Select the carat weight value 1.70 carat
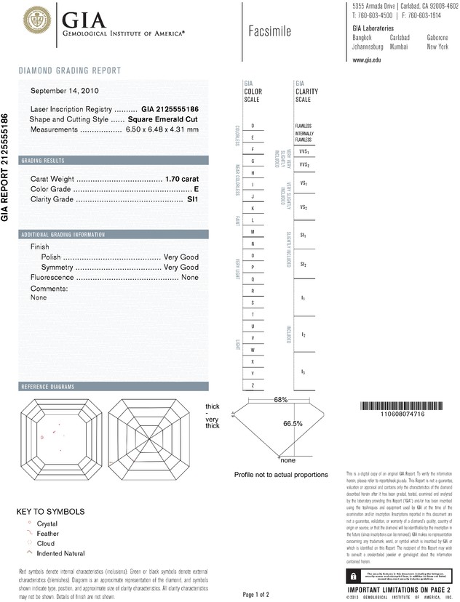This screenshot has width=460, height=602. point(182,178)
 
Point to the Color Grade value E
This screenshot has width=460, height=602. point(197,188)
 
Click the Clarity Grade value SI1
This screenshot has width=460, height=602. point(193,198)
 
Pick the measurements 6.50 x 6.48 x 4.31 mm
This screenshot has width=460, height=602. point(162,129)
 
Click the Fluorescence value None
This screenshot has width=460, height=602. point(190,278)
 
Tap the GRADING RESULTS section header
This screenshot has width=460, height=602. point(43,161)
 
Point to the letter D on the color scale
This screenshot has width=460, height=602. point(253,126)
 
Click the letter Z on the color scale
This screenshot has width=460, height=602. point(253,384)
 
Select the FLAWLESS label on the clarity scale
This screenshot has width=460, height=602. point(304,126)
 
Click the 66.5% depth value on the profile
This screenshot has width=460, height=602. point(293,423)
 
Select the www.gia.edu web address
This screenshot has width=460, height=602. point(367,60)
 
